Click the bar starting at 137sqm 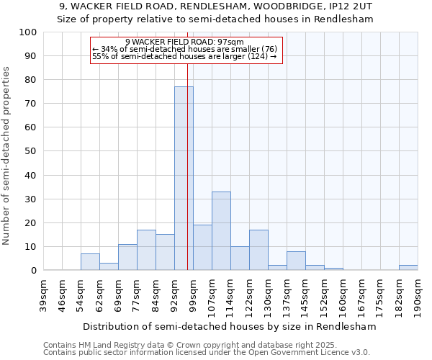(296, 261)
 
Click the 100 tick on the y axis (48, 32)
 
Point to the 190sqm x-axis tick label (418, 294)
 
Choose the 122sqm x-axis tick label (250, 294)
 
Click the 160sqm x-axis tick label (343, 294)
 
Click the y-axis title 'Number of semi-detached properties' (6, 156)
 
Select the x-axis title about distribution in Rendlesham (230, 326)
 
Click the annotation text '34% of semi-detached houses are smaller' (185, 49)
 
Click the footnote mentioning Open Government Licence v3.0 (207, 353)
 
